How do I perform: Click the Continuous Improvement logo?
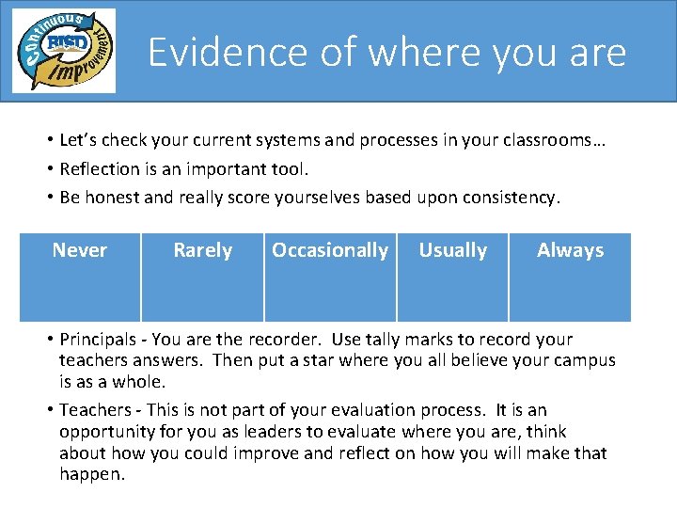click(x=63, y=51)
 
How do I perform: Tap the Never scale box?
click(x=80, y=277)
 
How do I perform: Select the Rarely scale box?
click(x=202, y=277)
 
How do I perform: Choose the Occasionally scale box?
click(x=329, y=277)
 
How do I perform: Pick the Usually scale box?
click(x=452, y=277)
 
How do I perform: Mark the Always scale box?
click(x=570, y=277)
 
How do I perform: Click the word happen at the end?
click(x=91, y=474)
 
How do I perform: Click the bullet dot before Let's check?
click(x=47, y=141)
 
